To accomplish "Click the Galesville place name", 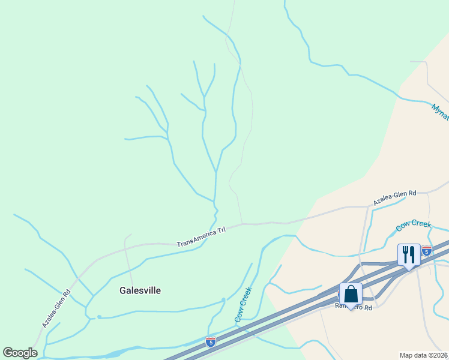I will coord(140,290).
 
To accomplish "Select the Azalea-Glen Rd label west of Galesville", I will coord(56,308).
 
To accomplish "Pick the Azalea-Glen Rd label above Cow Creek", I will coord(394,197).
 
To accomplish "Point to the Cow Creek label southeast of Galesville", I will coord(244,305).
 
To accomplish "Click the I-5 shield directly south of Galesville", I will coord(211,342).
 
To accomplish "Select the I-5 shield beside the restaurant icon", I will coord(427,251).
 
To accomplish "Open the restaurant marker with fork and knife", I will coord(409,254).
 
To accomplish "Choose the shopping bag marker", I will coord(351,294).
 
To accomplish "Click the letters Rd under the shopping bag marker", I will coord(367,307).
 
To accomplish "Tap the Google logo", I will coord(20,353).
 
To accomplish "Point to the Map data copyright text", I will coord(423,355).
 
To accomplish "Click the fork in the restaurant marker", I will coord(405,254).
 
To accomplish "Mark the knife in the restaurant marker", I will coord(413,254).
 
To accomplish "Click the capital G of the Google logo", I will coord(8,353).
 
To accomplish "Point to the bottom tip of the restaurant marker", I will coord(409,269).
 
